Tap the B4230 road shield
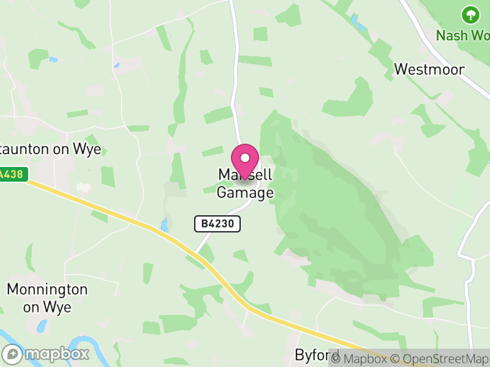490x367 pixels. [217, 224]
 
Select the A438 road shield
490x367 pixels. [11, 174]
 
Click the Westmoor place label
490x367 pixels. [429, 69]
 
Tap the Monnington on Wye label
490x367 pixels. [47, 298]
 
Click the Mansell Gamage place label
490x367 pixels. [245, 184]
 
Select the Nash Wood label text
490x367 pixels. [462, 35]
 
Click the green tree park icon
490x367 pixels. [470, 14]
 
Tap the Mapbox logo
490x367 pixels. [46, 354]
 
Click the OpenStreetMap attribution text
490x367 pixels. [439, 358]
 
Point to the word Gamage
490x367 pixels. [245, 193]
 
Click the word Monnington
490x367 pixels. [47, 290]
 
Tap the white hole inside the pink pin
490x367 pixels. [245, 157]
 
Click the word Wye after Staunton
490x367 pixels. [86, 150]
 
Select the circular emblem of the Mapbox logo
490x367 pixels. [12, 354]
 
